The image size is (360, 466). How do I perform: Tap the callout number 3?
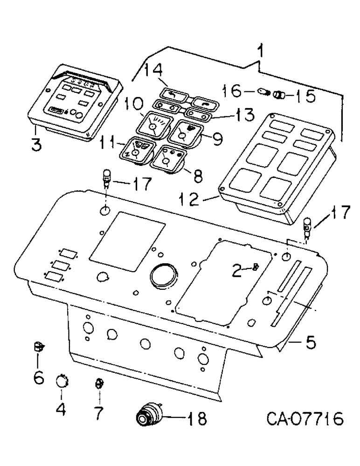[36, 143]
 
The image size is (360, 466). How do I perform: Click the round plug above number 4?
[61, 382]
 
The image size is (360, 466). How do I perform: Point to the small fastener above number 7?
[98, 384]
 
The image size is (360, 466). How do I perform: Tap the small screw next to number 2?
[256, 267]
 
